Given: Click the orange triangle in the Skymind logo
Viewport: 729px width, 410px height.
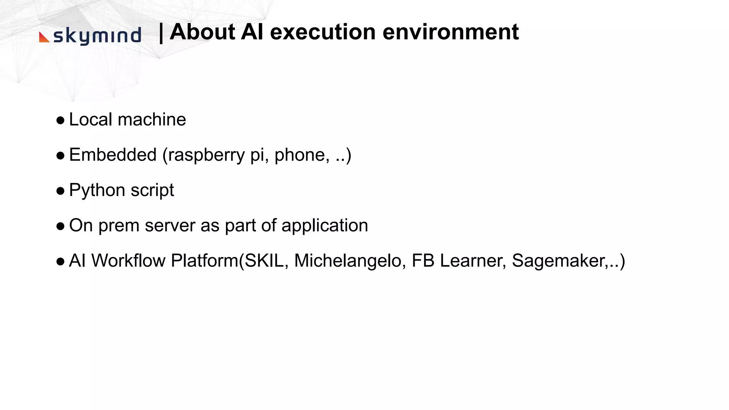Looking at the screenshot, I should tap(43, 38).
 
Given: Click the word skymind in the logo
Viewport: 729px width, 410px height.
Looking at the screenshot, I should tap(97, 36).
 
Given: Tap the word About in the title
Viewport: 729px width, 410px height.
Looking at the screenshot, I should tap(202, 32).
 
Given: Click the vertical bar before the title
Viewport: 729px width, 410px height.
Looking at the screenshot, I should tap(161, 33).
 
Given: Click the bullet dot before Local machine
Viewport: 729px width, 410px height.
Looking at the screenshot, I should tap(61, 120).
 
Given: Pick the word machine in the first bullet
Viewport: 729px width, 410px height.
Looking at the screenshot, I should tap(152, 120).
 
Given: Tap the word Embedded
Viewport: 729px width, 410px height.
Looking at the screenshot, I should tap(113, 155).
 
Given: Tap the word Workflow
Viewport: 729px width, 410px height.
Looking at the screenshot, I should tap(129, 261).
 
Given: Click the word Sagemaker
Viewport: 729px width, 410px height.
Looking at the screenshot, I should tap(560, 261).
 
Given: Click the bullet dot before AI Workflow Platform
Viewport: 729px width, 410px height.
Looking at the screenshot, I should tap(61, 262).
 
